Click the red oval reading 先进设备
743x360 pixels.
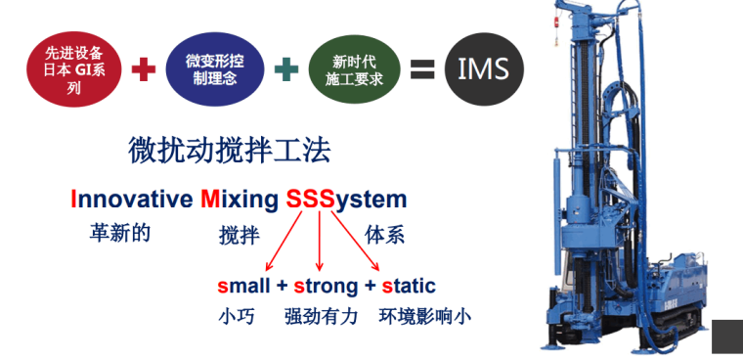pyautogui.click(x=75, y=68)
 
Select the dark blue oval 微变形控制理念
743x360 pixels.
pyautogui.click(x=215, y=68)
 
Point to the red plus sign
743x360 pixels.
pyautogui.click(x=144, y=69)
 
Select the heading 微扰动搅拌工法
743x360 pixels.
pyautogui.click(x=229, y=151)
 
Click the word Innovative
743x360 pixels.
pyautogui.click(x=131, y=201)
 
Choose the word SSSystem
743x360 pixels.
pyautogui.click(x=346, y=201)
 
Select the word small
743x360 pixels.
pyautogui.click(x=242, y=287)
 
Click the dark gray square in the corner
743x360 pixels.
pyautogui.click(x=726, y=337)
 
